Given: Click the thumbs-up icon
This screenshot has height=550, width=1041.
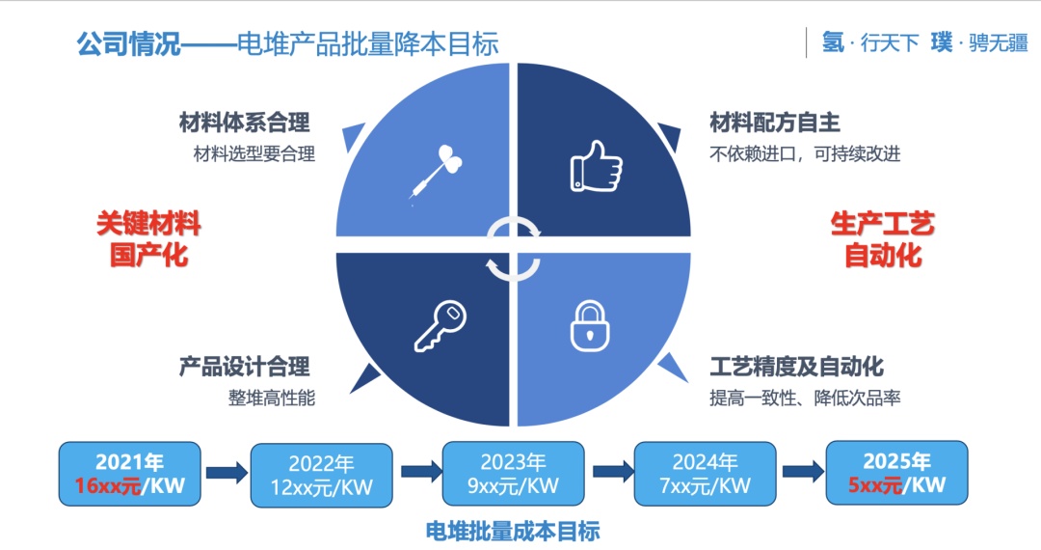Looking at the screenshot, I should coord(597,166).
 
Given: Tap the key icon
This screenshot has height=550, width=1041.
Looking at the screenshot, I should coord(440,325).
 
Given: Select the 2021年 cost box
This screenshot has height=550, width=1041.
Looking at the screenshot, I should coord(130,474).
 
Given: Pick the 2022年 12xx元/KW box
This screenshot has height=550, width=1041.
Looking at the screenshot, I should coord(321,475).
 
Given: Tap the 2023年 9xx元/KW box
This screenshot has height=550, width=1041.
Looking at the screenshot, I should coord(513,474).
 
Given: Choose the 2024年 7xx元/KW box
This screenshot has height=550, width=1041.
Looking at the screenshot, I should coord(705,475).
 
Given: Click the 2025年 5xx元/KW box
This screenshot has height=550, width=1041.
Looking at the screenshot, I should coord(896,473).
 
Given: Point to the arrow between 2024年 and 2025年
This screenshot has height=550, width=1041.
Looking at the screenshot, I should coord(800,472).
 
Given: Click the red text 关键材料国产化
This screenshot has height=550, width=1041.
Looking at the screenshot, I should coord(148,239).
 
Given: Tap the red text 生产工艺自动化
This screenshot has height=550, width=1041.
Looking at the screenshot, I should coord(882,239).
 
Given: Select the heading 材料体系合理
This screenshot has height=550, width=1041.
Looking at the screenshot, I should coord(245,124).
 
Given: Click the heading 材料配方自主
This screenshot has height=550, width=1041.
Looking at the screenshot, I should coord(775,124).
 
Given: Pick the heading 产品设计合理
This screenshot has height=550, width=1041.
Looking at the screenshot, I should coord(245,367).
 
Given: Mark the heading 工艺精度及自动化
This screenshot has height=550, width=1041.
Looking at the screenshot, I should coord(796,367).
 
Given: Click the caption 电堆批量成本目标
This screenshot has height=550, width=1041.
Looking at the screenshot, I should coord(513,530).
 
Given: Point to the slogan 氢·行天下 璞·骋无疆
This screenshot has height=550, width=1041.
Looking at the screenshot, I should coord(924,42).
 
